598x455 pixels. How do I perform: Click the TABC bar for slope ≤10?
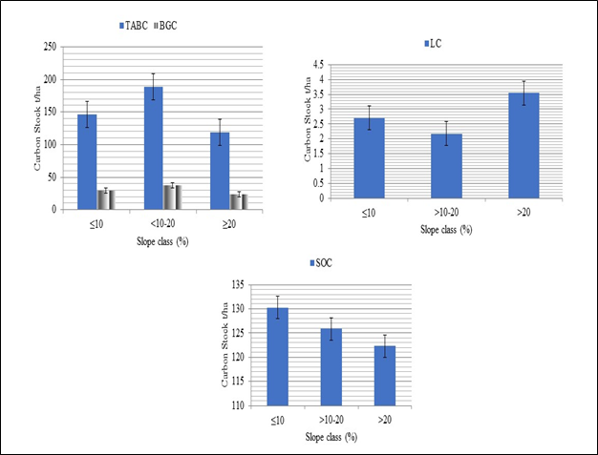point(87,161)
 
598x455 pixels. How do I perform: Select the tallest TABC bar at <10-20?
point(154,148)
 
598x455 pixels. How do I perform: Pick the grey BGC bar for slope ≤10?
point(106,199)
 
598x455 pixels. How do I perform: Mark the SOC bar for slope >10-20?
point(331,366)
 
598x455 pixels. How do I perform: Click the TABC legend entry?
point(135,25)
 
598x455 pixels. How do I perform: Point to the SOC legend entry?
point(323,262)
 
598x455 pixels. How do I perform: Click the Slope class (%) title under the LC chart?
point(447,230)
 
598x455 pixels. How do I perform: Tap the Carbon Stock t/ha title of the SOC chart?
point(225,343)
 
